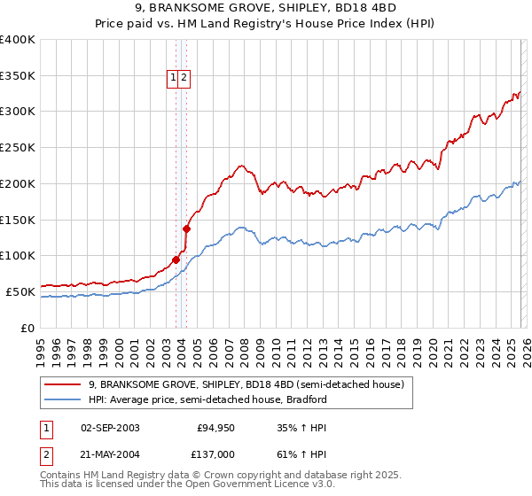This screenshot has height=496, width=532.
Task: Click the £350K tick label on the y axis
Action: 18,76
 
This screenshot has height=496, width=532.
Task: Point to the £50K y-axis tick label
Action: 20,291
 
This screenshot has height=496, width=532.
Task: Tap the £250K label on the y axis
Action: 18,148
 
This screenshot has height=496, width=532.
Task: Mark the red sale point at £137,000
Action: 187,229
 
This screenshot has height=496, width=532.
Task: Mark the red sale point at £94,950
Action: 176,260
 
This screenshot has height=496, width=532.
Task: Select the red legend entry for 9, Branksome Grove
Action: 246,385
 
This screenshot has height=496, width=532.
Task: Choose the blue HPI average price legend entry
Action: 207,399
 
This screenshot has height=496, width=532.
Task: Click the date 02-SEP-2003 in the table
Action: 110,428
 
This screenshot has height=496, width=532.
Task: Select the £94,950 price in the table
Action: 215,428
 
